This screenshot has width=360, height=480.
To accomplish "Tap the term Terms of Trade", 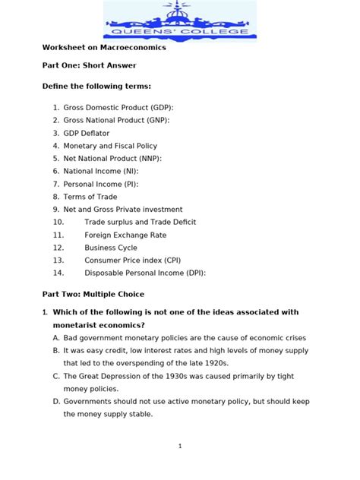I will pyautogui.click(x=90, y=197).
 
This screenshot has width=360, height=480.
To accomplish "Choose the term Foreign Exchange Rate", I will pyautogui.click(x=125, y=235).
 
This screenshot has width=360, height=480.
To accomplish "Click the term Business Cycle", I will pyautogui.click(x=111, y=248).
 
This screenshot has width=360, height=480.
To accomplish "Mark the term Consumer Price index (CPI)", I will pyautogui.click(x=133, y=261).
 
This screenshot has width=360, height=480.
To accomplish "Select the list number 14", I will pyautogui.click(x=59, y=273).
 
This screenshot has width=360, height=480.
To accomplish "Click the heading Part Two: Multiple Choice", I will pyautogui.click(x=93, y=294).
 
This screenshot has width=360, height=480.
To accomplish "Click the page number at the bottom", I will pyautogui.click(x=180, y=447).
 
